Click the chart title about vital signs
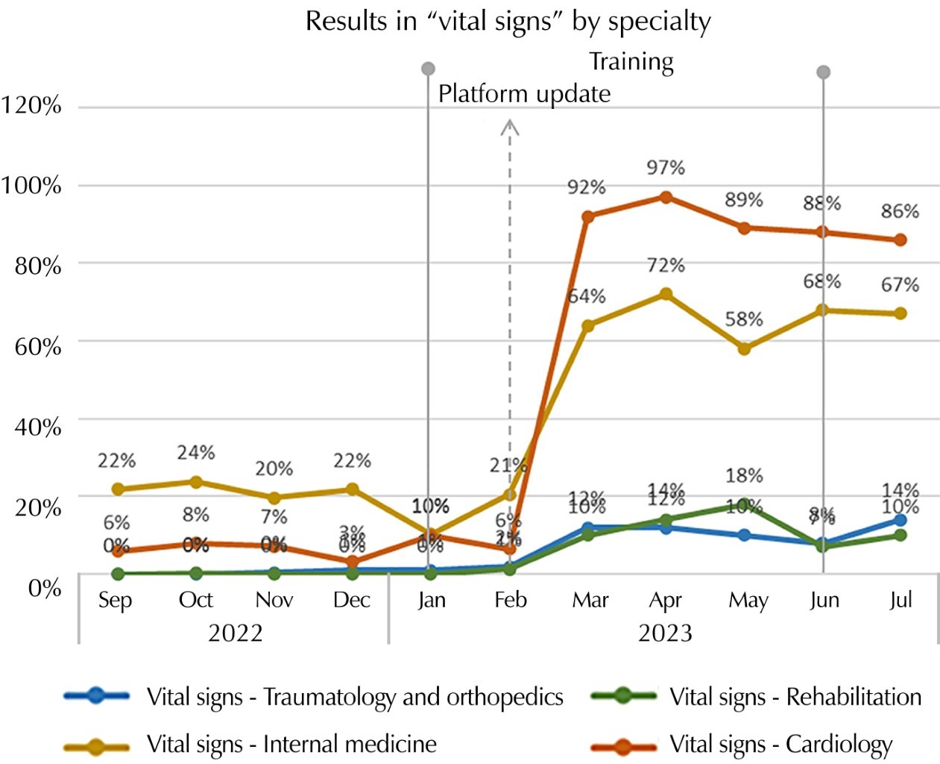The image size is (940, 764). (508, 21)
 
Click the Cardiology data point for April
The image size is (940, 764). (666, 197)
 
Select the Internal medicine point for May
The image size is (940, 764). (744, 348)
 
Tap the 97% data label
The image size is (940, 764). (666, 168)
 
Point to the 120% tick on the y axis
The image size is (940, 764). (31, 105)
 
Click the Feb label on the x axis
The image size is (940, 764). (511, 600)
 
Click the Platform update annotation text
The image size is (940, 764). (524, 94)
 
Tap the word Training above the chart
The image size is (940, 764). (631, 62)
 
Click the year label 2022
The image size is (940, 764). (236, 633)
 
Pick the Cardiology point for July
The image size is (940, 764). (900, 239)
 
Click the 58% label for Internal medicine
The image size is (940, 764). (744, 319)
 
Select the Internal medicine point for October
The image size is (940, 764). (196, 482)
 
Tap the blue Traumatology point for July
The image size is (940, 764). (900, 520)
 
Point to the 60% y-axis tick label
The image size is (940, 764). (38, 347)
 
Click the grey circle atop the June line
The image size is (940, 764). (823, 72)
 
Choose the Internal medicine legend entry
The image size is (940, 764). (291, 744)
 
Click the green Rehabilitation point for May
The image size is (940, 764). (744, 506)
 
